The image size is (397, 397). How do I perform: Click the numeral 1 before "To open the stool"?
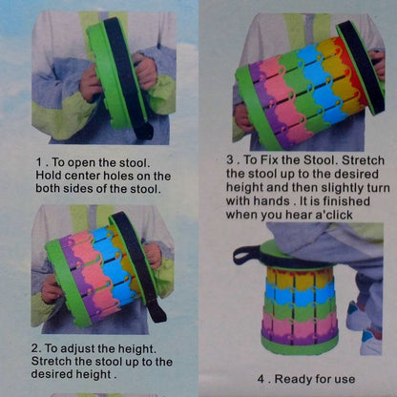39,162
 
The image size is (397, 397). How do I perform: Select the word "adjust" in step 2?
77,349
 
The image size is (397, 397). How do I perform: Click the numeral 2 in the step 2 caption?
34,348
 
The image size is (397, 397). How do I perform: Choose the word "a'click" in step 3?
334,215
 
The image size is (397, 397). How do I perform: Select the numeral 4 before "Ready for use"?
261,379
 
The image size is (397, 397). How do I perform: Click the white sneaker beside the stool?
372,342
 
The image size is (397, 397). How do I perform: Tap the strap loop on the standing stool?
245,254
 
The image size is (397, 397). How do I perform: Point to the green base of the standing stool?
299,345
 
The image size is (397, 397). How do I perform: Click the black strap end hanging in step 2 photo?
158,309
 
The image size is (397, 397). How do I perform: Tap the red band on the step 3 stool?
347,69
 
